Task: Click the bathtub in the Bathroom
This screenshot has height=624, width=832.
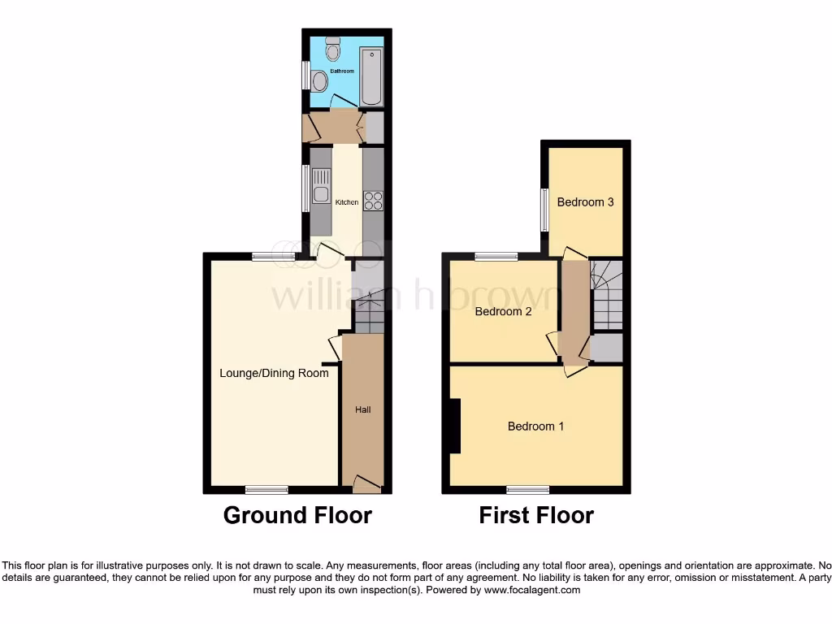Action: pos(370,76)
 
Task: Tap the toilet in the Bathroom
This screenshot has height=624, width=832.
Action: pos(332,50)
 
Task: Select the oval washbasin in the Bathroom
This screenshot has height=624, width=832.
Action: pos(319,81)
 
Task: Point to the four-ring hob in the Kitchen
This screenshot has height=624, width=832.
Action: pos(373,200)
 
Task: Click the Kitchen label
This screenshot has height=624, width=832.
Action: pos(347,202)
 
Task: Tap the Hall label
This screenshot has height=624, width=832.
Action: pos(362,409)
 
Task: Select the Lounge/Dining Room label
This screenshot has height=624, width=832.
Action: pos(274,373)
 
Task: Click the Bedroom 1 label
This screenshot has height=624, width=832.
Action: pos(535,426)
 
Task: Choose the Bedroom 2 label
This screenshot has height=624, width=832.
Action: pos(503,311)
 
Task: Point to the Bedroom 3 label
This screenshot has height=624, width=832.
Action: pos(585,201)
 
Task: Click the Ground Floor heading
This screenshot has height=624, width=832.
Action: pos(297,515)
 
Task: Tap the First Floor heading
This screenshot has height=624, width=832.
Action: pos(536,515)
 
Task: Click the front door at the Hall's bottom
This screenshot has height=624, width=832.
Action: pos(367,486)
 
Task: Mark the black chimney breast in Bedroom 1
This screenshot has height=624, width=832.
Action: pos(455,426)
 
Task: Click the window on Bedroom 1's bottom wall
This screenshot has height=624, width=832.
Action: pos(528,490)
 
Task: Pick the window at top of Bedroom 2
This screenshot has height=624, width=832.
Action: pos(496,257)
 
